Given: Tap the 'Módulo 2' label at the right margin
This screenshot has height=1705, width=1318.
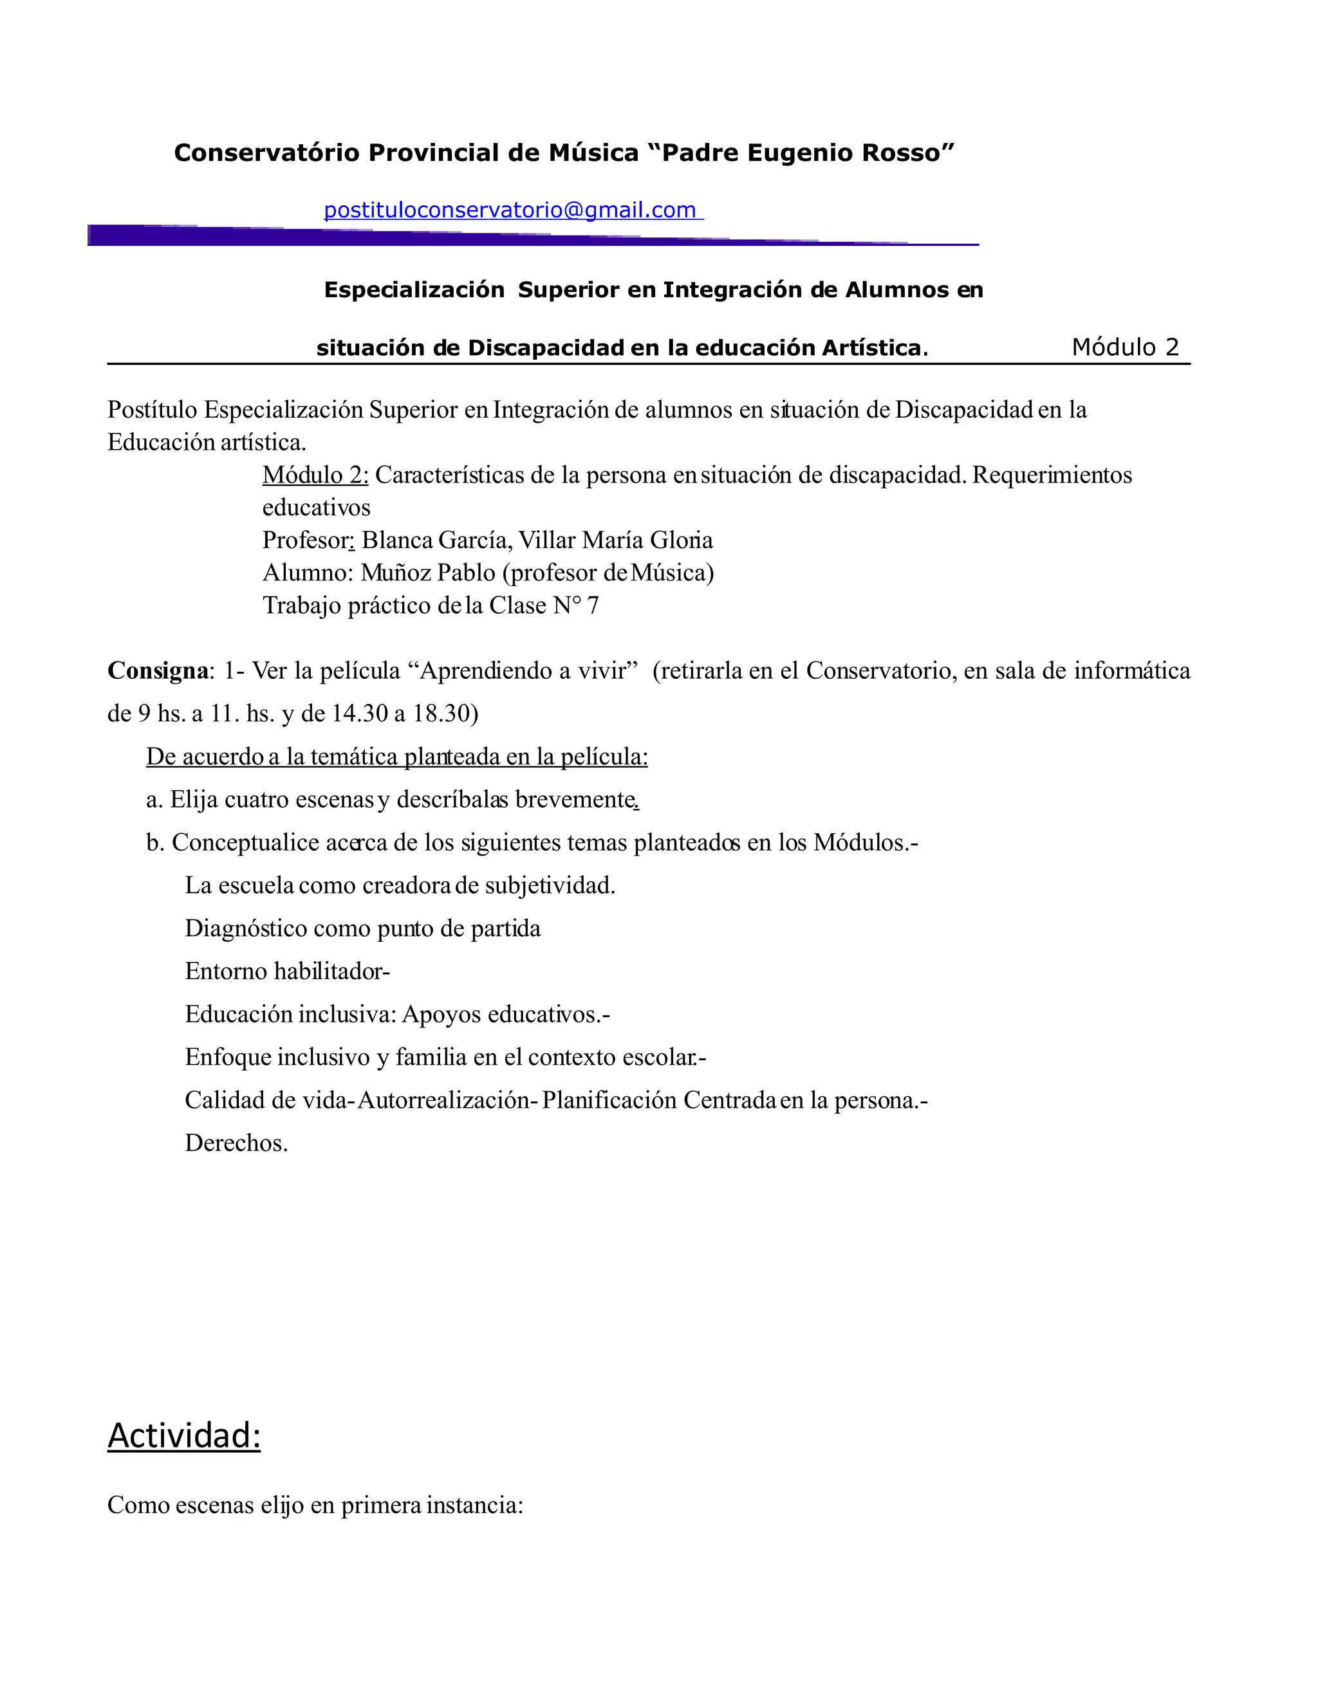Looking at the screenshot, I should tap(1124, 347).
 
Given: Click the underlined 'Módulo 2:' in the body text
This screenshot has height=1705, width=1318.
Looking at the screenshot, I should tap(315, 475).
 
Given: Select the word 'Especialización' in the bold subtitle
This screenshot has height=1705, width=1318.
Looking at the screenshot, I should tap(414, 290).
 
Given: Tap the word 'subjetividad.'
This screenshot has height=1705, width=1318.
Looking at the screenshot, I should tap(550, 885).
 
